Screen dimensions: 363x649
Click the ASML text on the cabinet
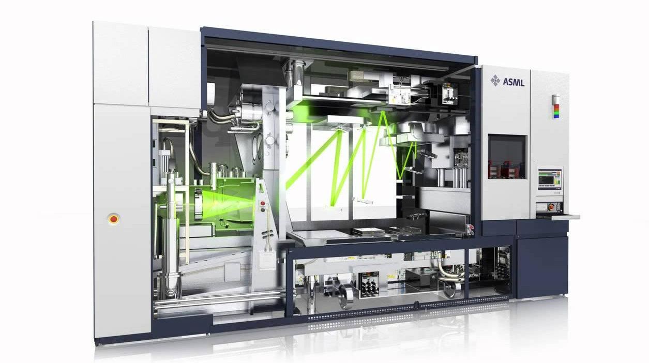[x=514, y=82]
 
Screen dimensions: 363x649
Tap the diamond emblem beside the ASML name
[x=495, y=80]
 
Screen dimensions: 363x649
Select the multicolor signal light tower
[x=556, y=106]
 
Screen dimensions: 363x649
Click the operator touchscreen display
[x=549, y=179]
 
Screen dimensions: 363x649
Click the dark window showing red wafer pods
[x=507, y=157]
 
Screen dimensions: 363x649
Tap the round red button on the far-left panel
[x=113, y=219]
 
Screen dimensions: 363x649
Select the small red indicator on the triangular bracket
[x=263, y=203]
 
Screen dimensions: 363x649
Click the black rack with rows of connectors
[x=369, y=284]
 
